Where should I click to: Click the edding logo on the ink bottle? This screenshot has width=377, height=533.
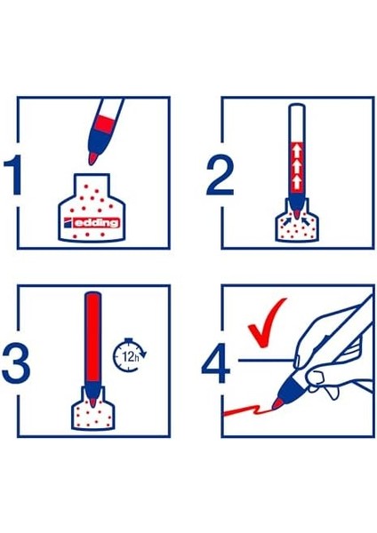[92, 217]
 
